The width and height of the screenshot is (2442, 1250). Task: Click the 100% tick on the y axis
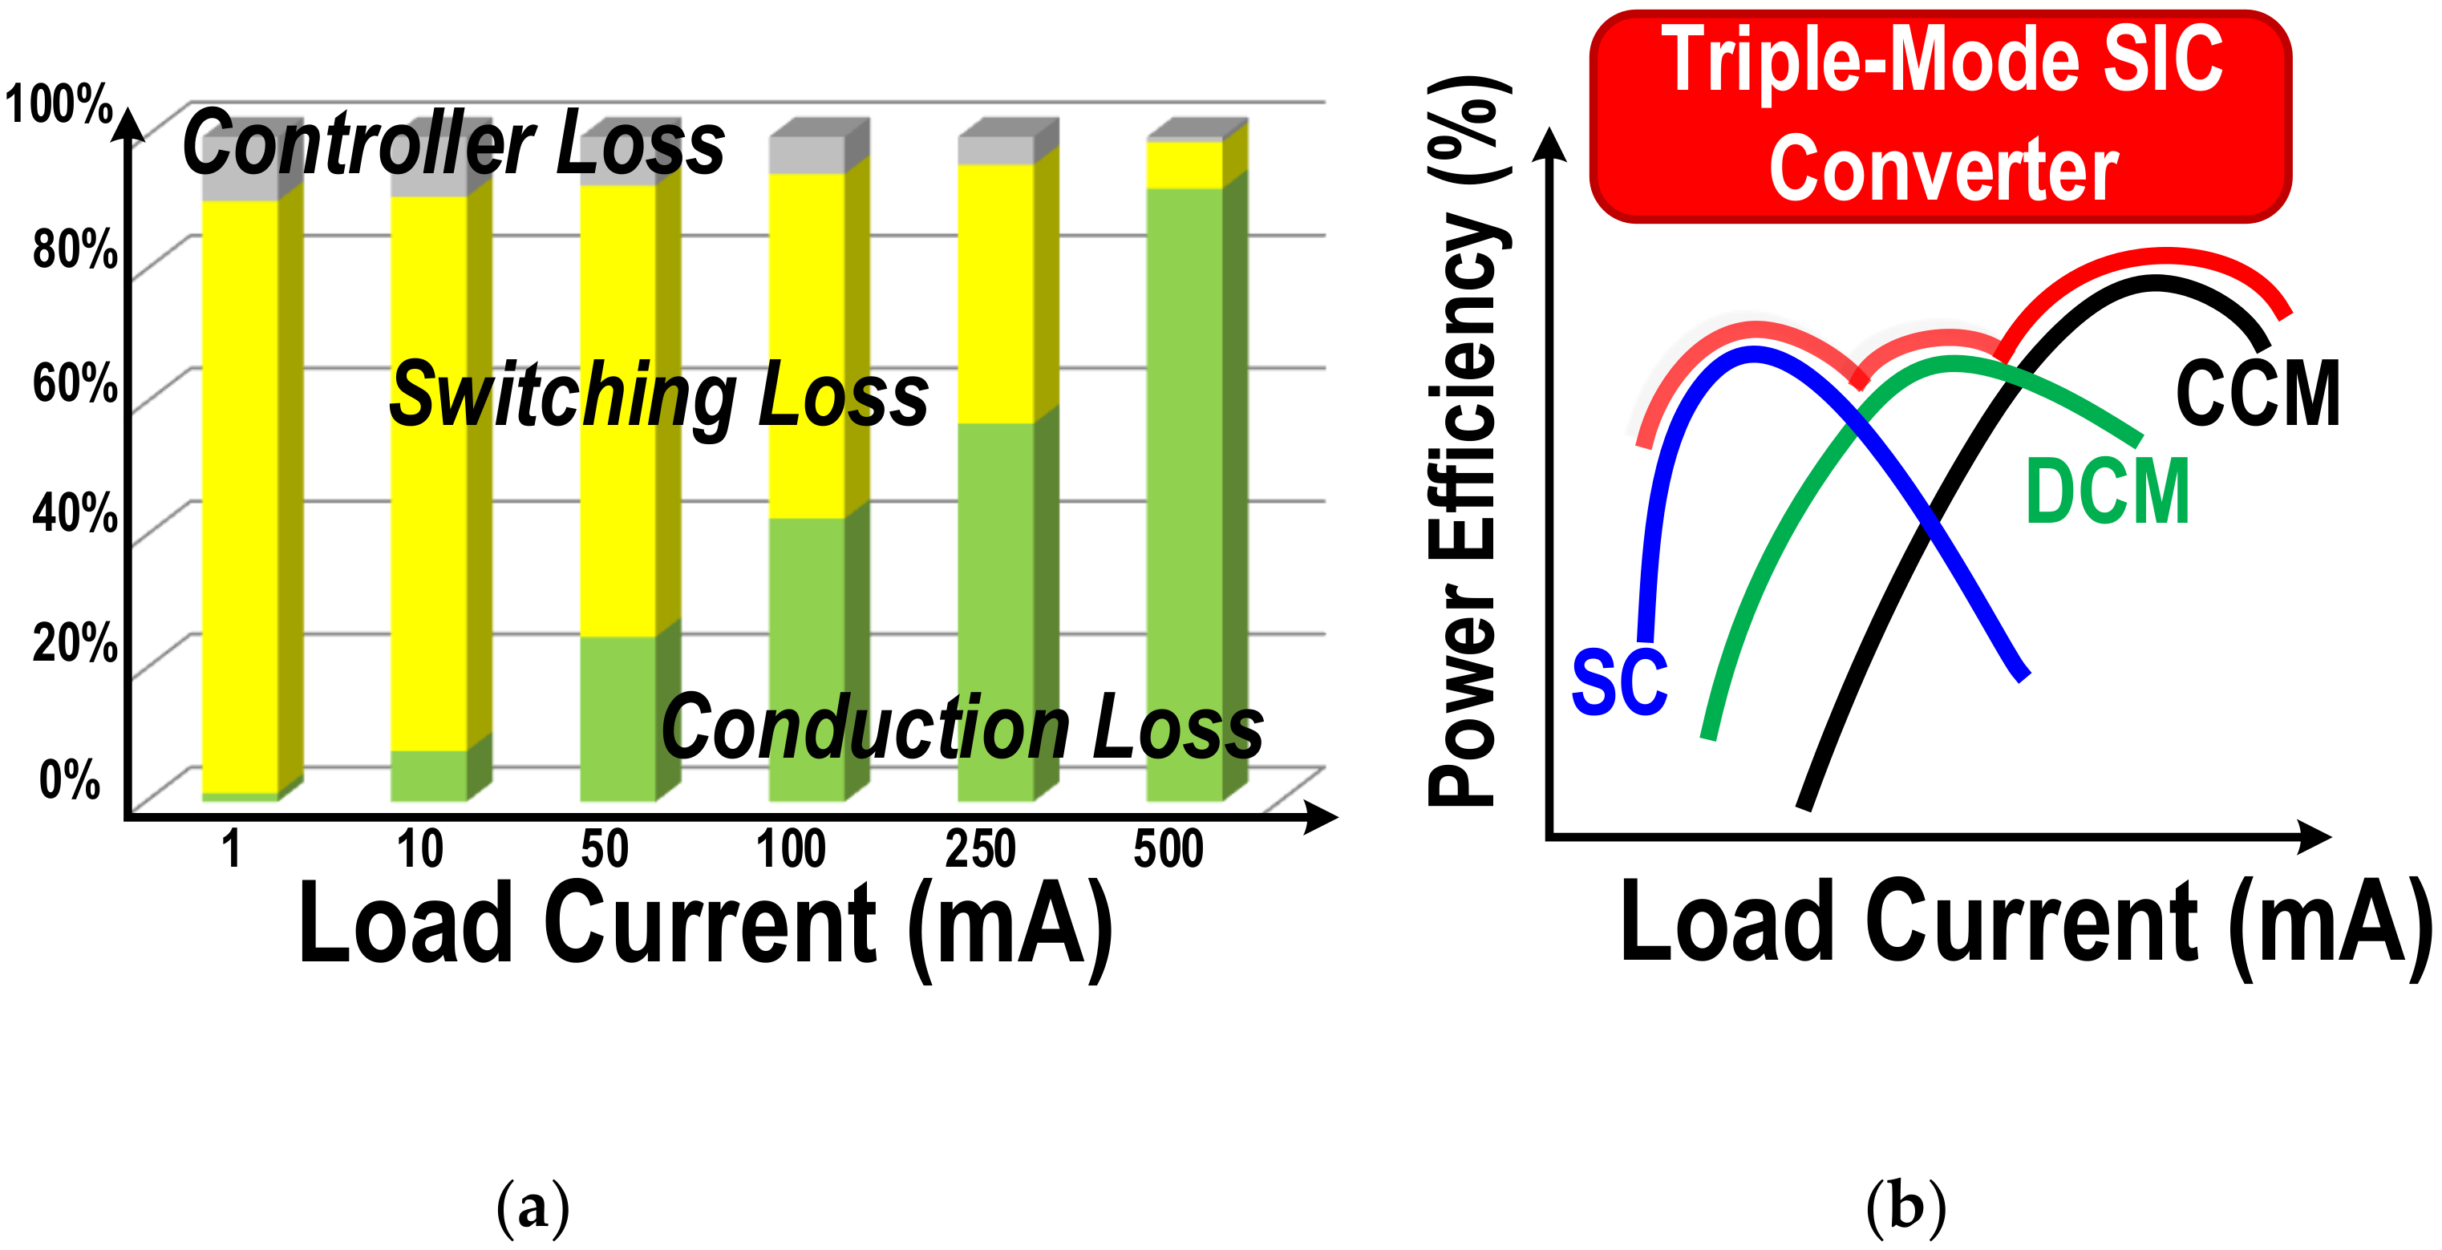[x=59, y=104]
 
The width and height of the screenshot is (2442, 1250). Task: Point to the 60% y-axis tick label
[x=74, y=384]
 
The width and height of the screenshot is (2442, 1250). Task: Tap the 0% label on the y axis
[x=69, y=780]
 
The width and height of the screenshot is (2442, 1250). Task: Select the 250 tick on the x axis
[x=979, y=848]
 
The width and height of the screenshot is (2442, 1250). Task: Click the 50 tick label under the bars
[x=605, y=848]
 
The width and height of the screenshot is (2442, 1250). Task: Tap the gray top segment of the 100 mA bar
[x=806, y=155]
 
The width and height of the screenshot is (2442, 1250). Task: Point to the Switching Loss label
[x=659, y=395]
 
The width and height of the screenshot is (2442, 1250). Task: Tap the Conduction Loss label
[x=962, y=727]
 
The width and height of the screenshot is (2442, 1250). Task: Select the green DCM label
[x=2107, y=491]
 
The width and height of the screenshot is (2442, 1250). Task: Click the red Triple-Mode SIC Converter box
[x=1940, y=115]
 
